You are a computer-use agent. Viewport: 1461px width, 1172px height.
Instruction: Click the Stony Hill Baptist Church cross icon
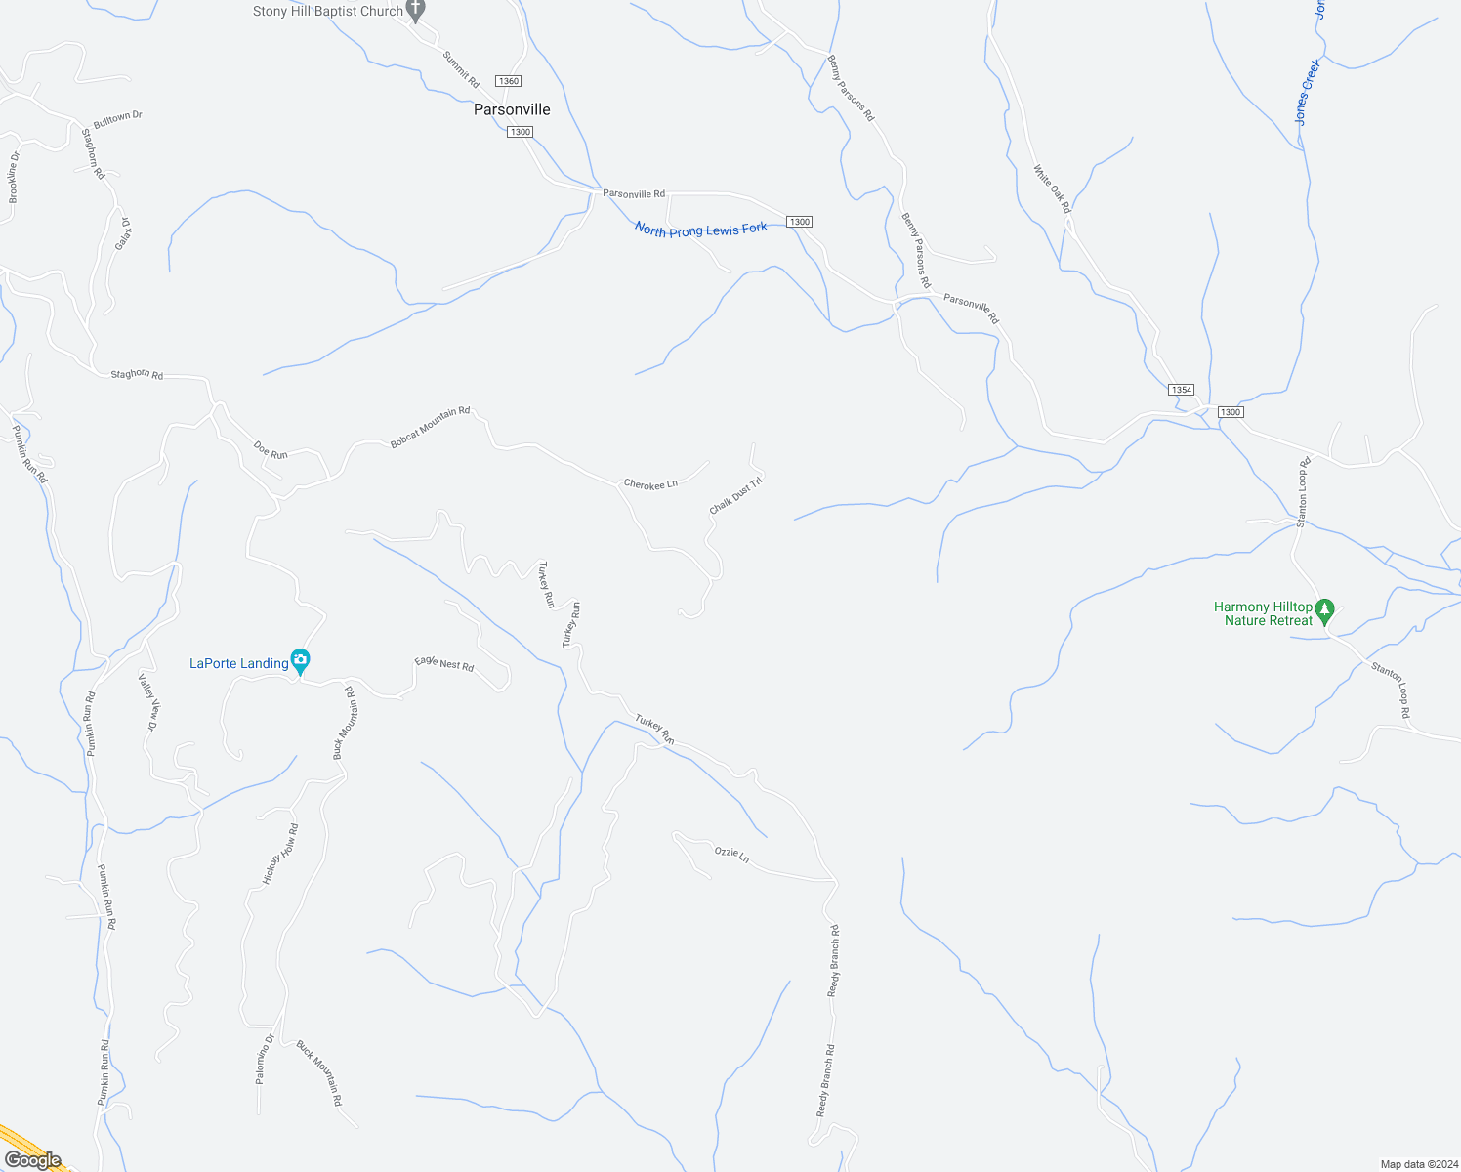click(x=416, y=11)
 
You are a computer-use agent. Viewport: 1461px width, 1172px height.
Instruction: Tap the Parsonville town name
click(x=512, y=109)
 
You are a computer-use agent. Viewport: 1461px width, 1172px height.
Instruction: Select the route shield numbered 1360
click(x=508, y=81)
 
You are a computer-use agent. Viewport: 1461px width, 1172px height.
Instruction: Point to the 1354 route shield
click(x=1182, y=390)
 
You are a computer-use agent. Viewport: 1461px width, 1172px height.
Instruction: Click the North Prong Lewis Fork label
click(x=700, y=229)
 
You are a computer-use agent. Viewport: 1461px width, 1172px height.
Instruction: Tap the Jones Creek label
click(x=1308, y=92)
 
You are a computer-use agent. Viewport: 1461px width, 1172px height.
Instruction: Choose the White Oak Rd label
click(x=1052, y=188)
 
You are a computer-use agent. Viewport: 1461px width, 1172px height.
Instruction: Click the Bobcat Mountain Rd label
click(x=430, y=427)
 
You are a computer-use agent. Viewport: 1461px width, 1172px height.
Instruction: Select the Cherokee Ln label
click(x=650, y=483)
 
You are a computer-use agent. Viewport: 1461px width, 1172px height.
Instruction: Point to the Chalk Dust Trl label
click(x=735, y=495)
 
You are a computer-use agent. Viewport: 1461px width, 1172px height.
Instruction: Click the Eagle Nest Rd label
click(x=444, y=664)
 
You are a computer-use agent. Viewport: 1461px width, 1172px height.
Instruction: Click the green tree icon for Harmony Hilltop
click(x=1324, y=611)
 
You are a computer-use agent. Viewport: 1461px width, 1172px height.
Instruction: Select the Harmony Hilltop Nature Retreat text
click(x=1264, y=613)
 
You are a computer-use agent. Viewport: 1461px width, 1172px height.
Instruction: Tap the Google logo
click(x=32, y=1160)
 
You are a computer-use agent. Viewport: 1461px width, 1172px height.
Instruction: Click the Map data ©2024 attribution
click(x=1418, y=1164)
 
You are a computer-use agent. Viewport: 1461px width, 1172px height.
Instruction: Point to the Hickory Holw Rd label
click(x=280, y=855)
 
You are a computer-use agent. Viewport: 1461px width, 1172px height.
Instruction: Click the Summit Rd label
click(x=461, y=69)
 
